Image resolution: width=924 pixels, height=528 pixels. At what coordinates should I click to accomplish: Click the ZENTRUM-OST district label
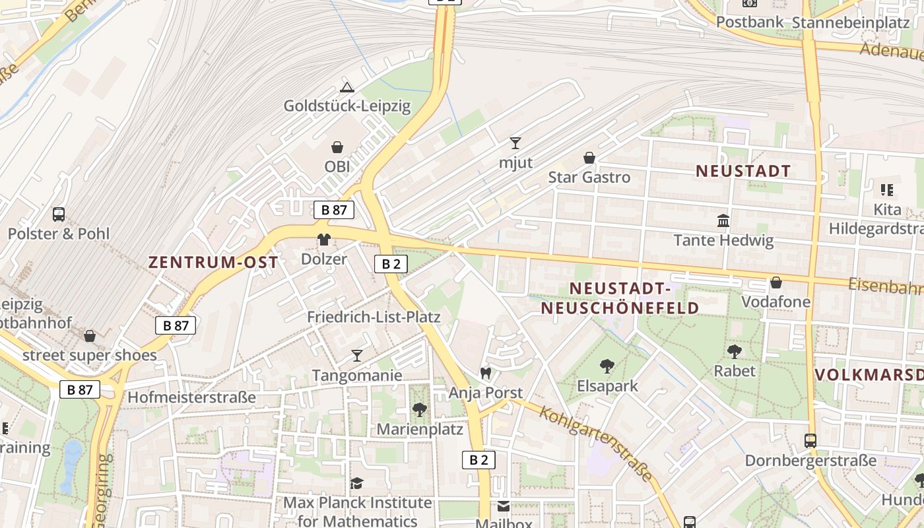pyautogui.click(x=213, y=263)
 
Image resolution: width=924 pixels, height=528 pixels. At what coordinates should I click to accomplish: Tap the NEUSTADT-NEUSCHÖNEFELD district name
pyautogui.click(x=620, y=298)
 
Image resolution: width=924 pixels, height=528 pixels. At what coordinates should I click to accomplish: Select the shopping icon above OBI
pyautogui.click(x=337, y=147)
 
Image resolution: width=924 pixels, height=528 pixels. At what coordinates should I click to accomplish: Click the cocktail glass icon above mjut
pyautogui.click(x=515, y=143)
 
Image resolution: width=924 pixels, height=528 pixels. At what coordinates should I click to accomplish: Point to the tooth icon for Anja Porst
pyautogui.click(x=486, y=374)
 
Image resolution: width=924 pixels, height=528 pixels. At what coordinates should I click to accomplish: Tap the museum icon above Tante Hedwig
pyautogui.click(x=723, y=220)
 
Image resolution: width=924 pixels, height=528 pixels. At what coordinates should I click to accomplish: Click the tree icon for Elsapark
pyautogui.click(x=607, y=366)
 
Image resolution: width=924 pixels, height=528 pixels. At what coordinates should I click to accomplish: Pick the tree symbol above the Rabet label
pyautogui.click(x=734, y=351)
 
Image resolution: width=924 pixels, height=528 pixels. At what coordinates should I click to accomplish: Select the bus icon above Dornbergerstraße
pyautogui.click(x=810, y=440)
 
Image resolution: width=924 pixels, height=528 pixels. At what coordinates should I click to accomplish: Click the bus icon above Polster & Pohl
pyautogui.click(x=59, y=214)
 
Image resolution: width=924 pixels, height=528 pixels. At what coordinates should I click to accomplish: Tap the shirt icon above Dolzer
pyautogui.click(x=323, y=239)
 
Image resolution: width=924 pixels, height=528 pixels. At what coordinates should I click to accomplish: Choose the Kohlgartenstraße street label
pyautogui.click(x=597, y=443)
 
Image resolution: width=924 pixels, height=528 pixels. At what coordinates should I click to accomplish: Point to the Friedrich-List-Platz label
pyautogui.click(x=374, y=317)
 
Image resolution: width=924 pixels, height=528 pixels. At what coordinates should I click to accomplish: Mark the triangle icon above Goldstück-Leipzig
pyautogui.click(x=347, y=86)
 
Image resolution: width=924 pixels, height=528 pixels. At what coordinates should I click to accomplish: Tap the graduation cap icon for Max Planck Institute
pyautogui.click(x=357, y=483)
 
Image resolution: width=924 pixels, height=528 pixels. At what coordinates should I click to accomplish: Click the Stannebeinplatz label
pyautogui.click(x=851, y=22)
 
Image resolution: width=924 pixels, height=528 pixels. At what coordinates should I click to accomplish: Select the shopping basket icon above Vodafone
pyautogui.click(x=776, y=282)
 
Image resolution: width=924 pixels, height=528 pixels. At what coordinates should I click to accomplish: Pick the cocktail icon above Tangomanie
pyautogui.click(x=357, y=356)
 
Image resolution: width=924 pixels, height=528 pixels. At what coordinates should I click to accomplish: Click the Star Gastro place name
pyautogui.click(x=589, y=177)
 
